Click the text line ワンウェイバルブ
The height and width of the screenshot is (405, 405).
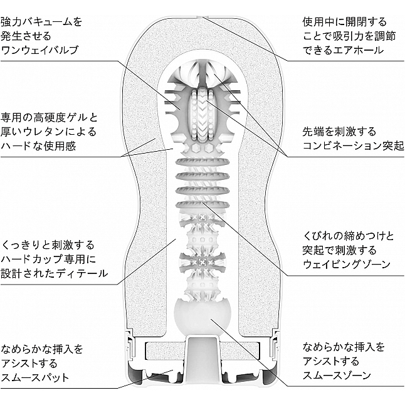pyautogui.click(x=39, y=50)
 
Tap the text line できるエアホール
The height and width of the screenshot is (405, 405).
pyautogui.click(x=343, y=50)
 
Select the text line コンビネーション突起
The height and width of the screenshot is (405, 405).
pyautogui.click(x=353, y=145)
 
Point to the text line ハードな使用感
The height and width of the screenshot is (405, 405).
pyautogui.click(x=38, y=146)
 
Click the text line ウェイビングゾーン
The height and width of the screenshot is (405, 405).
pyautogui.click(x=346, y=264)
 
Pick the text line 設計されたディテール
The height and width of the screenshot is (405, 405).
pyautogui.click(x=54, y=273)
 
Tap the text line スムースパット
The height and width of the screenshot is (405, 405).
pyautogui.click(x=35, y=377)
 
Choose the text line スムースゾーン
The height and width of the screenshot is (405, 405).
pyautogui.click(x=337, y=376)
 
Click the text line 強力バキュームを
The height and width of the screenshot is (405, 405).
pyautogui.click(x=41, y=22)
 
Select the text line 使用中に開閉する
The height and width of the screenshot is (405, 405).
pyautogui.click(x=345, y=22)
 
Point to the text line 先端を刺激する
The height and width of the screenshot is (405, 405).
pyautogui.click(x=339, y=132)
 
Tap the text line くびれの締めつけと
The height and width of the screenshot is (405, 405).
pyautogui.click(x=348, y=236)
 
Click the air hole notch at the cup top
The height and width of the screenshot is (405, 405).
pyautogui.click(x=202, y=17)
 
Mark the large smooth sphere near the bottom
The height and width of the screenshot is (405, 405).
pyautogui.click(x=202, y=317)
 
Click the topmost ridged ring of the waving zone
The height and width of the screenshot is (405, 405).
pyautogui.click(x=202, y=162)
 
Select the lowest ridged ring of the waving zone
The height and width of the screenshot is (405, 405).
pyautogui.click(x=202, y=205)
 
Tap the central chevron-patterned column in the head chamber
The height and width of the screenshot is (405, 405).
pyautogui.click(x=202, y=113)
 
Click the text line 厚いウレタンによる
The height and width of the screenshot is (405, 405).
pyautogui.click(x=48, y=132)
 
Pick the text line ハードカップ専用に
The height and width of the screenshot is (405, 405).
pyautogui.click(x=48, y=259)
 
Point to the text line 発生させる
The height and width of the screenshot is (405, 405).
pyautogui.click(x=26, y=36)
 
